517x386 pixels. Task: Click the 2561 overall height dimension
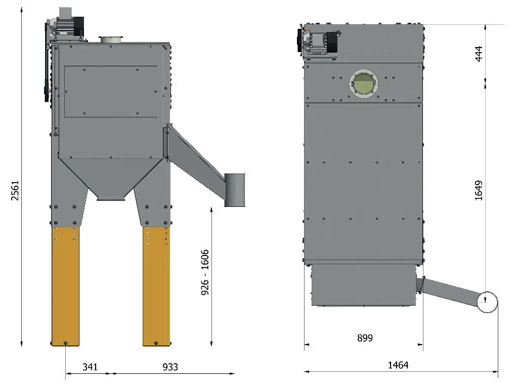click(15, 190)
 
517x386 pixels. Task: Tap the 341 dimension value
click(90, 367)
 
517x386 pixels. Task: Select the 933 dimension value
click(170, 367)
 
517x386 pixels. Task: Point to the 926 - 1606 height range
click(205, 272)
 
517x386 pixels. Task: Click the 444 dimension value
click(479, 54)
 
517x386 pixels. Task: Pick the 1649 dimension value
click(479, 190)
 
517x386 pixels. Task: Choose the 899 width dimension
click(365, 338)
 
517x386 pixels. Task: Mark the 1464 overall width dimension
click(398, 365)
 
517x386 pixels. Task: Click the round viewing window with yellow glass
click(363, 84)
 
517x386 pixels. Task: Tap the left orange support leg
click(65, 286)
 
